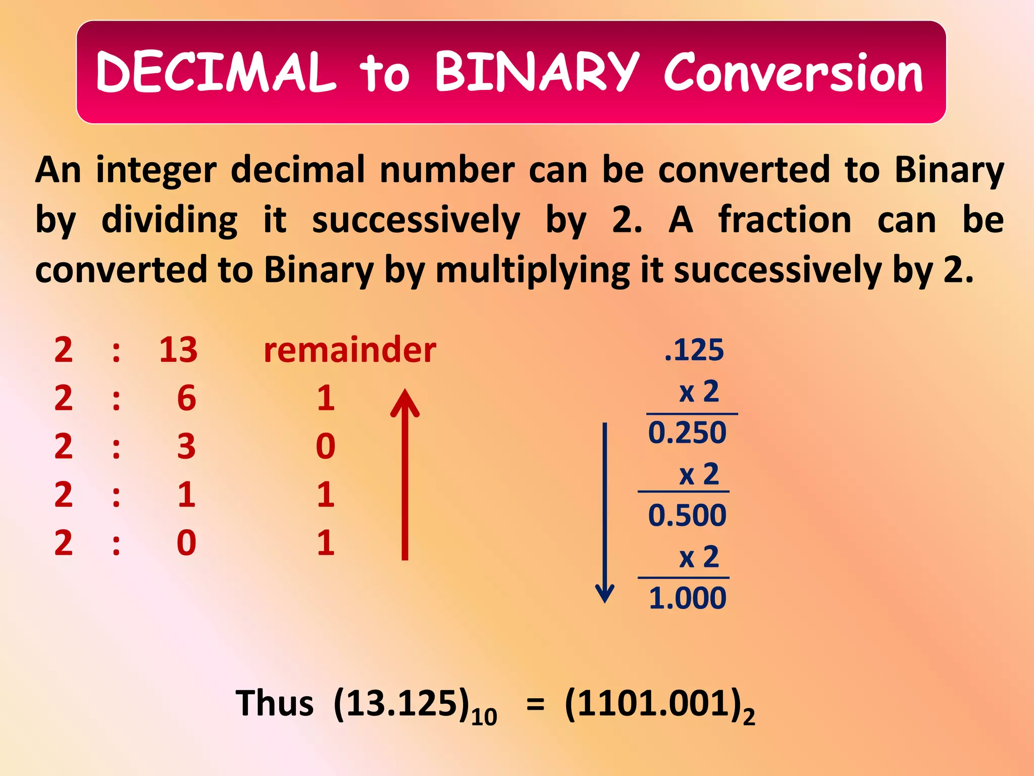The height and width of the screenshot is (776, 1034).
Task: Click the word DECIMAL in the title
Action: [216, 72]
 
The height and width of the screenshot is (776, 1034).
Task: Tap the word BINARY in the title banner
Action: [536, 72]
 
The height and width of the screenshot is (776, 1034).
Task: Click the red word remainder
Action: [350, 350]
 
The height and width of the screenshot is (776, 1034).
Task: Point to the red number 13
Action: [178, 350]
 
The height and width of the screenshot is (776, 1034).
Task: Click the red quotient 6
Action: [186, 398]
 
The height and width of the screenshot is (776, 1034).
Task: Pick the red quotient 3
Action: [186, 447]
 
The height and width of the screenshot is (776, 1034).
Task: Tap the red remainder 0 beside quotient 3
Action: [326, 447]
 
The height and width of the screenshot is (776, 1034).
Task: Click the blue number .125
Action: [694, 350]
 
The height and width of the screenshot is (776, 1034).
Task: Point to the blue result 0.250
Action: [687, 433]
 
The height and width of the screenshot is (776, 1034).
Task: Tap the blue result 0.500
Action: [687, 515]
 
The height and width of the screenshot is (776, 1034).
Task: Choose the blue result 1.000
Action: [687, 598]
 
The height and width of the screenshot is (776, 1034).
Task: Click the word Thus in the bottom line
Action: [275, 703]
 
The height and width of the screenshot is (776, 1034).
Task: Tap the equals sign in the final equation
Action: [536, 704]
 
